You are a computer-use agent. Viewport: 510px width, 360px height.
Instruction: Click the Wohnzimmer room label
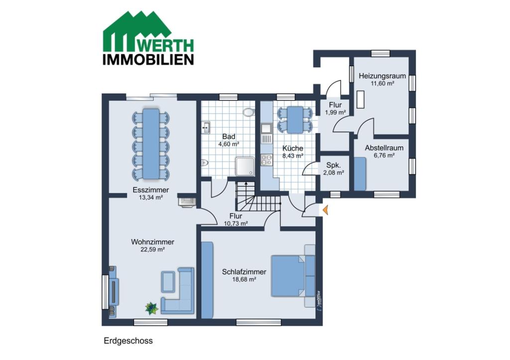(152, 242)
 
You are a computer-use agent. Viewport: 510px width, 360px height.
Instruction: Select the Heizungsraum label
(382, 76)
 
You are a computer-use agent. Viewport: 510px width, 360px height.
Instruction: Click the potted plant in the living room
(151, 308)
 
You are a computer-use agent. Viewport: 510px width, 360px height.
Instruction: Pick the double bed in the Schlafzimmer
(293, 276)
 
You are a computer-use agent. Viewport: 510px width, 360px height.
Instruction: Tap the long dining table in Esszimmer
(151, 144)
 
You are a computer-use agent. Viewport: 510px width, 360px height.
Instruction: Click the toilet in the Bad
(249, 112)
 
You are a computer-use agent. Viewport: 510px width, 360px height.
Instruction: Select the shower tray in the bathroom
(245, 166)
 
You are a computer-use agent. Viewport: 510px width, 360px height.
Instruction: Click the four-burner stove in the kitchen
(267, 160)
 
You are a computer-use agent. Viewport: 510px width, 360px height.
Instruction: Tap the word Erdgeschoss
(128, 341)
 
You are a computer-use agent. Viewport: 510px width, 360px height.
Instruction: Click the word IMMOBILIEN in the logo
(148, 60)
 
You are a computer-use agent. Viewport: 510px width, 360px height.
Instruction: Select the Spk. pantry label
(333, 165)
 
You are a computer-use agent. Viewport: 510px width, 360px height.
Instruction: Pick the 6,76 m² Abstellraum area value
(384, 155)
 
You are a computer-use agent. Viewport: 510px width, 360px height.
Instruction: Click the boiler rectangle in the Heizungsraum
(361, 99)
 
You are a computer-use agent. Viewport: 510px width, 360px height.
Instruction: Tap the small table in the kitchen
(295, 120)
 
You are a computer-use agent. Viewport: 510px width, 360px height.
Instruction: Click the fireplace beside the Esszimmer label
(187, 202)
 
